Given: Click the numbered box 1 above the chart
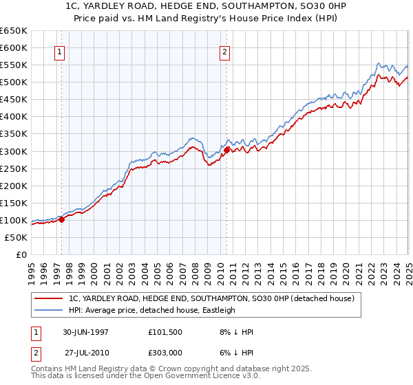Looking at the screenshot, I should click(59, 52).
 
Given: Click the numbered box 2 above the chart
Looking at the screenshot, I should click(225, 52).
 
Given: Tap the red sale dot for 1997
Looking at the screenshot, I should click(62, 219).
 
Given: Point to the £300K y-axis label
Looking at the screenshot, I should click(14, 151).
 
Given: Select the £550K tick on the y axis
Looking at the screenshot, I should click(14, 65).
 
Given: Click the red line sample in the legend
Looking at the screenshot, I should click(49, 298).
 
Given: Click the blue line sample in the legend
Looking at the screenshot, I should click(49, 310).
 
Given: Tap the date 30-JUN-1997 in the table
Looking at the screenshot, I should click(85, 332).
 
